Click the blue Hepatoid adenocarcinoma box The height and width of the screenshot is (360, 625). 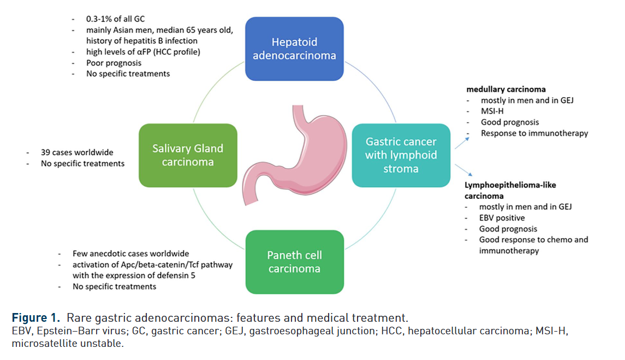tap(294, 49)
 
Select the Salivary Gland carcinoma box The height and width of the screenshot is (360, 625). tap(188, 155)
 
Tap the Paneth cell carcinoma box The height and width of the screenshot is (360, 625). tap(294, 262)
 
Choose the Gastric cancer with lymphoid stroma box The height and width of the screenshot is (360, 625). tap(401, 155)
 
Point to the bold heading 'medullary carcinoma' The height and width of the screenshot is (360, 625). tap(506, 89)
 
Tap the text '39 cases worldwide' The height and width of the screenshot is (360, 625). tap(77, 152)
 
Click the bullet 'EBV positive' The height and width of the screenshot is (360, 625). tap(503, 218)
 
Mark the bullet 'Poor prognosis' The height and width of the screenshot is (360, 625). tap(114, 63)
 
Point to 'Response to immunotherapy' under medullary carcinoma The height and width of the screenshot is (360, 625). tap(534, 133)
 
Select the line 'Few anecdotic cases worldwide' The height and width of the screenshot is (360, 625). tap(130, 253)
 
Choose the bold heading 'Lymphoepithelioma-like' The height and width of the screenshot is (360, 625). tap(510, 185)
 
